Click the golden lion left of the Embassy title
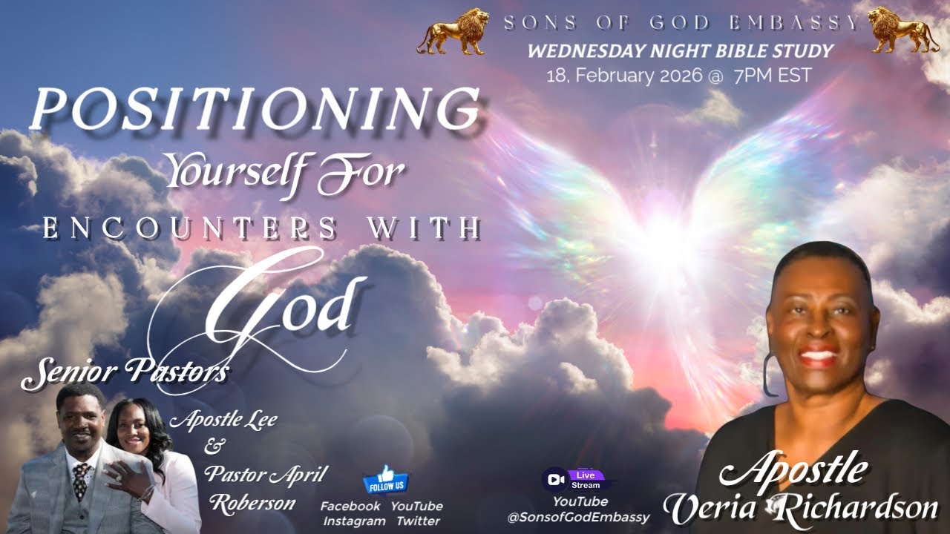coord(453,32)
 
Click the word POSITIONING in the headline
coord(255,108)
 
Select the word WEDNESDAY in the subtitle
coord(586,51)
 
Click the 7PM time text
coord(753,76)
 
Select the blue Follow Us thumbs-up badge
coord(385,480)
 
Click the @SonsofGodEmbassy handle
coord(578,518)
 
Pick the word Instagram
coord(354,521)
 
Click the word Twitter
coord(419,521)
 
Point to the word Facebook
coord(350,506)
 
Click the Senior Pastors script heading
coord(125,372)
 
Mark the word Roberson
coord(253,504)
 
